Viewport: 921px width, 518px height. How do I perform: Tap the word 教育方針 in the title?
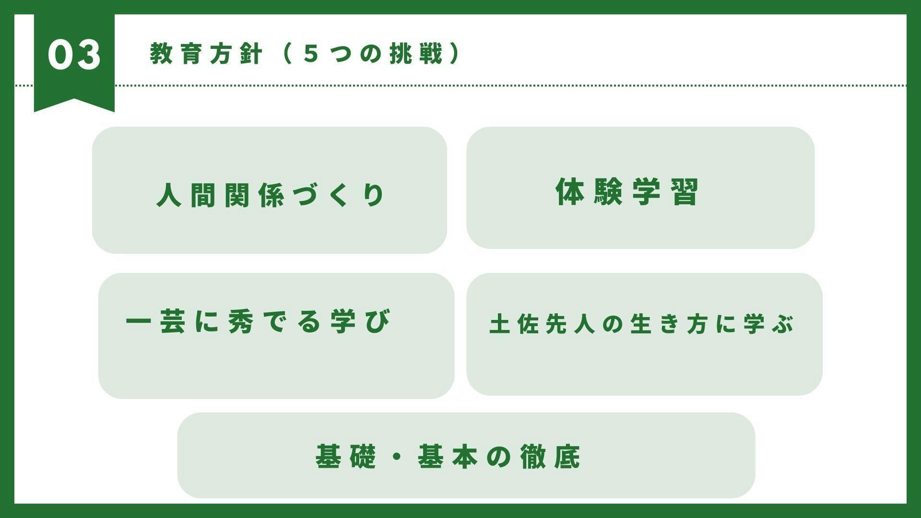[206, 54]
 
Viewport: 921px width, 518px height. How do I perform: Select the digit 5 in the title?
[311, 54]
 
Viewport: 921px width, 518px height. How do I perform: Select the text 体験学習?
[627, 192]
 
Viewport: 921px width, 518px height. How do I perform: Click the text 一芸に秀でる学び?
[259, 321]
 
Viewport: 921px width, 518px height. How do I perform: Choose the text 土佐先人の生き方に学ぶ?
[642, 324]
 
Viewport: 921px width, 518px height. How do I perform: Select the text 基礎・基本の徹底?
[448, 456]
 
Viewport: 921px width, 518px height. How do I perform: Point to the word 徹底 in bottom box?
[551, 456]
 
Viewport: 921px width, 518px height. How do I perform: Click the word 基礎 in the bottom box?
[346, 456]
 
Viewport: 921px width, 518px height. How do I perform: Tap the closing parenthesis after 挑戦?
[454, 54]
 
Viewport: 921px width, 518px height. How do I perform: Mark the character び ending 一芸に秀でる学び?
[378, 321]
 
